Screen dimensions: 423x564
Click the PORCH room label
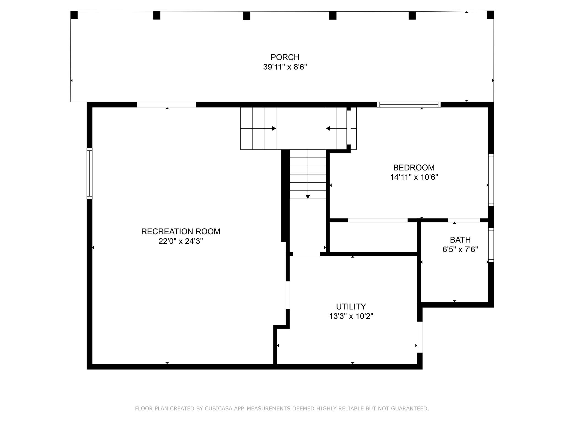[x=285, y=57]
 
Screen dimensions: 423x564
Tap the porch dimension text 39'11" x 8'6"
[x=285, y=67]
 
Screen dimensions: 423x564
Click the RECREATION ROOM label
[x=181, y=231]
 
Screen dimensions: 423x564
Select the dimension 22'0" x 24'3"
[x=181, y=241]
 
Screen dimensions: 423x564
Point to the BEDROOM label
[x=414, y=167]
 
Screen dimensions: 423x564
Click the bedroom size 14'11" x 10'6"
[x=414, y=177]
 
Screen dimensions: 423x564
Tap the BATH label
[x=460, y=240]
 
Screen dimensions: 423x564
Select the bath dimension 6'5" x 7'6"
[x=460, y=250]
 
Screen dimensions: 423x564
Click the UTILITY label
[x=351, y=307]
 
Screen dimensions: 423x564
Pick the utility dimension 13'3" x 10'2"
[x=351, y=316]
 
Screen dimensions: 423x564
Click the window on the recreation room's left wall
[x=90, y=173]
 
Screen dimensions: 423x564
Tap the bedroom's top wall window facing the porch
[x=409, y=105]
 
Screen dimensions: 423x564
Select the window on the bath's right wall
[x=491, y=245]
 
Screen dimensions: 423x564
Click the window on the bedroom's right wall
[x=491, y=180]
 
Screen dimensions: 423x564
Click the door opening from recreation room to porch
[x=166, y=105]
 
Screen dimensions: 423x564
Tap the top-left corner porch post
[x=74, y=15]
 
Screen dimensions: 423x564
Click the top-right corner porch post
[x=490, y=15]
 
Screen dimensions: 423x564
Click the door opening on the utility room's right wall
[x=419, y=337]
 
